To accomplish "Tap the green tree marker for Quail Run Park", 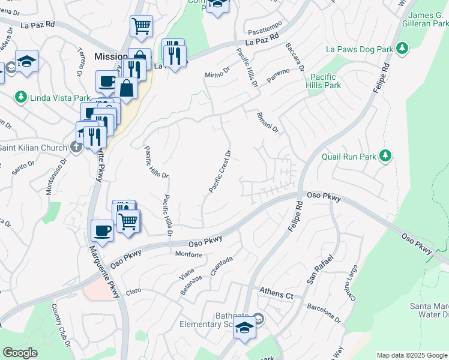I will pyautogui.click(x=385, y=157).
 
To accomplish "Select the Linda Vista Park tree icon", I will pyautogui.click(x=20, y=97).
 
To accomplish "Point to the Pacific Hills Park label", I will pyautogui.click(x=325, y=81).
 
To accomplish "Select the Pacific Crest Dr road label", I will pyautogui.click(x=220, y=172).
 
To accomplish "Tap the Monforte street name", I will pyautogui.click(x=188, y=254).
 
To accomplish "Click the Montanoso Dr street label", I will pyautogui.click(x=56, y=178).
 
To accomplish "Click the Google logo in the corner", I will pyautogui.click(x=20, y=353).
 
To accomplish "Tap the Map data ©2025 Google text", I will pyautogui.click(x=412, y=355).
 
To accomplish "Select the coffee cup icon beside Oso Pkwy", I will pyautogui.click(x=102, y=230).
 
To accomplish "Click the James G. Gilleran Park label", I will pyautogui.click(x=427, y=19).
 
